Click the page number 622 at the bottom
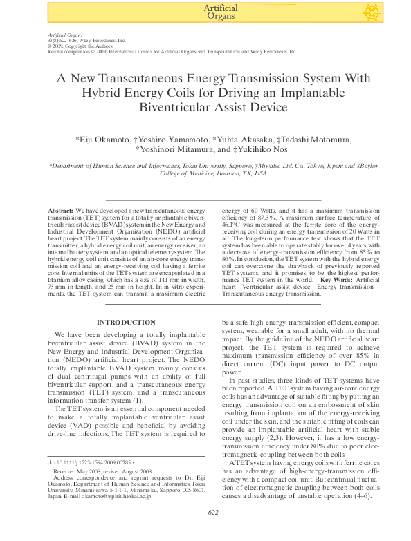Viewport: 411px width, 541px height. pos(213,532)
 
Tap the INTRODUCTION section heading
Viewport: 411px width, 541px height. pos(126,322)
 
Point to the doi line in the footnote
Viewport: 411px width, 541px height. pos(91,461)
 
